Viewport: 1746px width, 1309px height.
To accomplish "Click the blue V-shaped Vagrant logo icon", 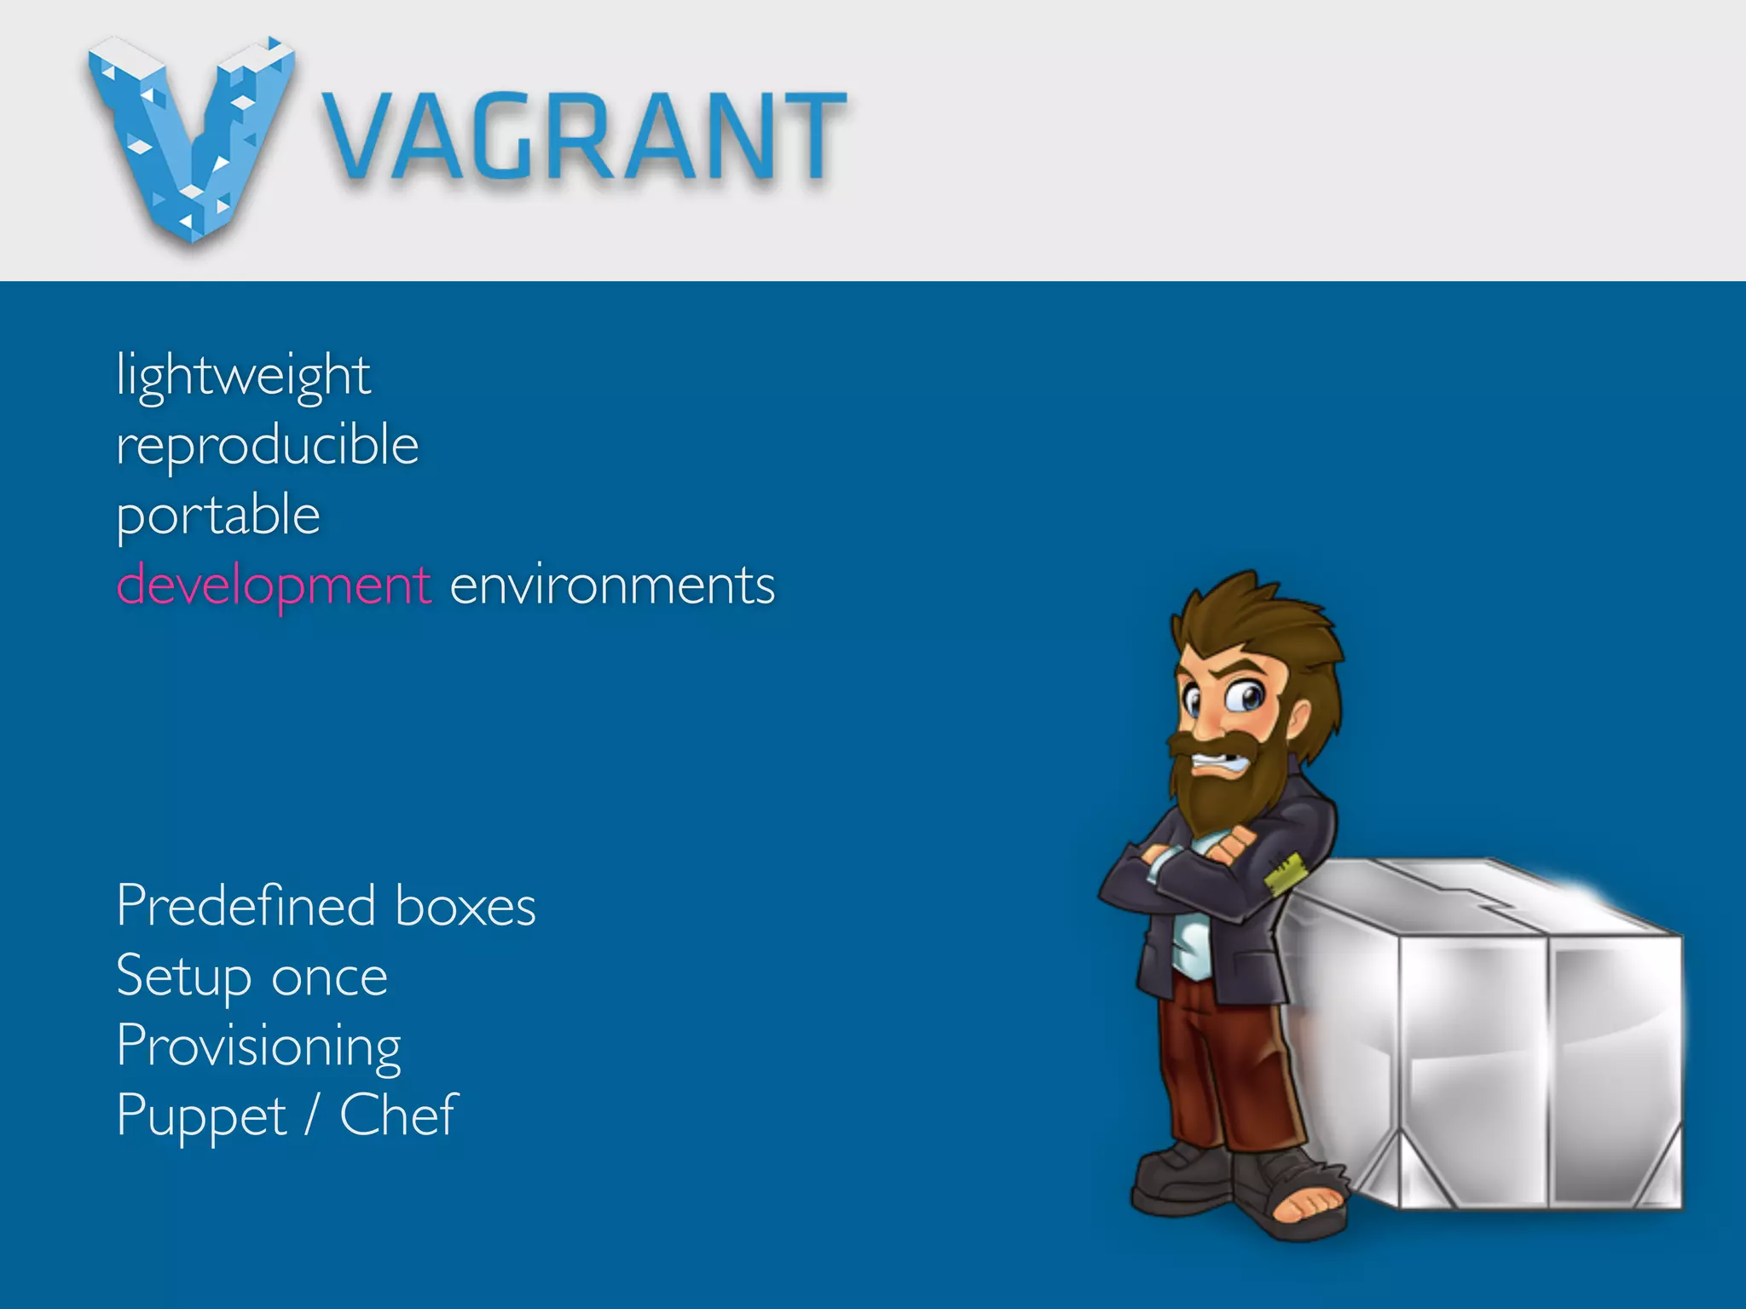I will pos(192,136).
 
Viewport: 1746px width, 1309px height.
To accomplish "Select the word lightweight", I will pos(243,376).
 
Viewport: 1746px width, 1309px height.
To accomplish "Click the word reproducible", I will pos(267,446).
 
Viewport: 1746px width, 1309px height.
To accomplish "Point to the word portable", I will pos(218,516).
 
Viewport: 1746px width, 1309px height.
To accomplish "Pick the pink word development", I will pos(274,586).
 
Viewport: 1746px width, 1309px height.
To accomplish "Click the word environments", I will pos(612,586).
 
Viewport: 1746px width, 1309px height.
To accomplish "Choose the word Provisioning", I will pos(258,1047).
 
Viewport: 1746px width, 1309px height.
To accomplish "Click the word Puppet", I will pos(202,1116).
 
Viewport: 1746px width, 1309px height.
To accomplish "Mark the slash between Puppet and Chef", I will pos(313,1116).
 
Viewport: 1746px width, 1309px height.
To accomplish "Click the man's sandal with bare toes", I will pos(1304,1206).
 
